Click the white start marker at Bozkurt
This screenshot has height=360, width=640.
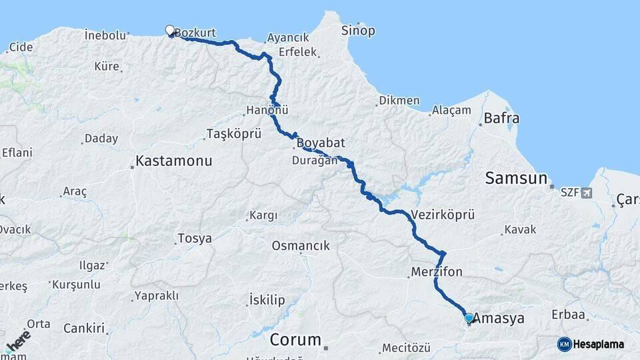coord(169,30)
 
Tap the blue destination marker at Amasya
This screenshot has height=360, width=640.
coord(469,318)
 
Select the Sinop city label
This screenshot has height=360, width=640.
coord(358,31)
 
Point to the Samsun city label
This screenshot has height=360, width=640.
coord(516,178)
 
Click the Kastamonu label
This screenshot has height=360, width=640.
coord(173,161)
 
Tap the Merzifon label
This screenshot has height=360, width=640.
coord(437,272)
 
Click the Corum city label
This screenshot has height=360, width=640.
coord(295,339)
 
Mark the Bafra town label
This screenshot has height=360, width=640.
coord(502,119)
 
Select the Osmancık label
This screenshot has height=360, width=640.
coord(301,246)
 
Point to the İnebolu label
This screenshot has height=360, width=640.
coord(105,35)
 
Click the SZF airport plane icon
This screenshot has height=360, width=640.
coord(587,193)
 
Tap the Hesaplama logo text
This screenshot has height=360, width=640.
coord(599,344)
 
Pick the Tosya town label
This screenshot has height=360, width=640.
coord(195,238)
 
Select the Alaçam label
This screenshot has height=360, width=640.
coord(451,110)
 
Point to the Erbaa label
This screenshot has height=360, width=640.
coord(568,314)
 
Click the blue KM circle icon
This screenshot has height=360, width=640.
coord(565,344)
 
